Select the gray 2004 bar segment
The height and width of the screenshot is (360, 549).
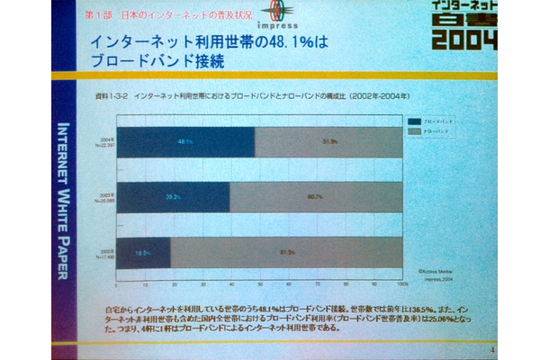[x=328, y=141]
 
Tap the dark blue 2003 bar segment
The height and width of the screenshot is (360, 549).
[x=174, y=196]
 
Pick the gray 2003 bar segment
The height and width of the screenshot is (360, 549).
[x=316, y=196]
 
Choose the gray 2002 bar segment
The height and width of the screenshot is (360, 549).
[x=286, y=254]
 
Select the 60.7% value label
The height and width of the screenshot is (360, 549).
[x=316, y=196]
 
